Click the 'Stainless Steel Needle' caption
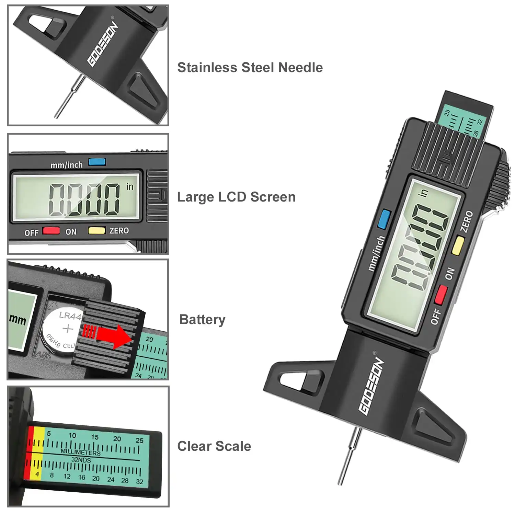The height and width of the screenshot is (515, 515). (x=250, y=68)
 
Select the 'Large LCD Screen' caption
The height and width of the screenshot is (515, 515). (x=236, y=197)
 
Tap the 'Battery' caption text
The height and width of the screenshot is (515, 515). (x=202, y=320)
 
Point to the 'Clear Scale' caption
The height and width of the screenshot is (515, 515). (x=214, y=446)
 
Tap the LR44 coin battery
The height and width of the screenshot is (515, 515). (x=62, y=330)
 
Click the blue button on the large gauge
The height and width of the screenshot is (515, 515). (x=384, y=219)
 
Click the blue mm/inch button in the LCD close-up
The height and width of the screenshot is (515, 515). (x=97, y=162)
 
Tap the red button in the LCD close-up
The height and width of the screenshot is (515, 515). (x=51, y=230)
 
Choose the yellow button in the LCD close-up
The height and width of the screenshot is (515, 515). (x=96, y=230)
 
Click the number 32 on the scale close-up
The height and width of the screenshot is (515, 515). (x=139, y=481)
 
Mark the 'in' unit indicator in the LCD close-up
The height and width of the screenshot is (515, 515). (x=130, y=187)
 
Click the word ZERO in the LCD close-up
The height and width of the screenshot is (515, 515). (x=119, y=231)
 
